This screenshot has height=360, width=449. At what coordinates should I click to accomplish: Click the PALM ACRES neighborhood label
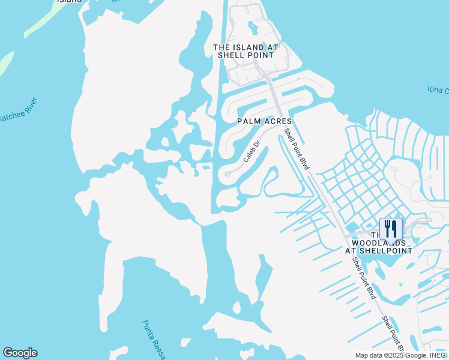(265, 121)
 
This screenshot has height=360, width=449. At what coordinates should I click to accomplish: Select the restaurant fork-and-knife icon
(391, 229)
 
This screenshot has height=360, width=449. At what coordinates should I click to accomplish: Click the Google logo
(20, 353)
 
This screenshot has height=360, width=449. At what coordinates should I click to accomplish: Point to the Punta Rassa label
(154, 339)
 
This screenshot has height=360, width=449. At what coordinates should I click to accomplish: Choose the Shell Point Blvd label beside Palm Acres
(297, 149)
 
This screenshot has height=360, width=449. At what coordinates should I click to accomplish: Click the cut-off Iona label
(438, 90)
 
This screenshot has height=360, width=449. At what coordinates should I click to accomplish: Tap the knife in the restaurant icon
(395, 228)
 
